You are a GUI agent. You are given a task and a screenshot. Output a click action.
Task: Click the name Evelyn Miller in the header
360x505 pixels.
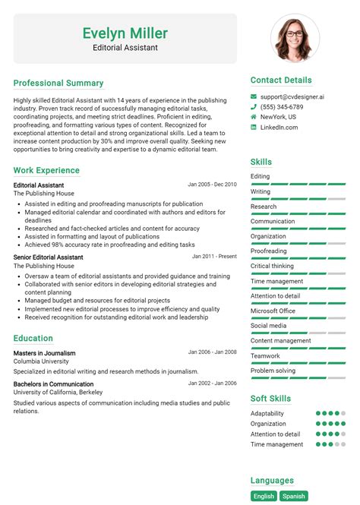point(125,33)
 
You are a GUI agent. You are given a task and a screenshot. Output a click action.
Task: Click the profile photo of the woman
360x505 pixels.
point(295,38)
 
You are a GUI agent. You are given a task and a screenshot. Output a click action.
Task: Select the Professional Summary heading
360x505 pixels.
point(58,83)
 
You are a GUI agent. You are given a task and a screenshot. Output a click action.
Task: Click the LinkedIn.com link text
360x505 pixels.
point(279,128)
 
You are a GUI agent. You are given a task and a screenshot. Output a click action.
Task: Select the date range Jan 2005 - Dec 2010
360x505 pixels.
point(212,184)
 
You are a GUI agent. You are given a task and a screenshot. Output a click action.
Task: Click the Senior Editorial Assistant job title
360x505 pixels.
point(49,257)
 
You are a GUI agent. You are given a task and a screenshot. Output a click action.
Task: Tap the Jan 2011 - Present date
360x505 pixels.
point(214,257)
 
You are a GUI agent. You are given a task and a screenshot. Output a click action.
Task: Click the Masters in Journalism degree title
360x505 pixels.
point(44,353)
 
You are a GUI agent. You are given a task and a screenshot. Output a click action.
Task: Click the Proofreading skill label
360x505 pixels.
point(269,251)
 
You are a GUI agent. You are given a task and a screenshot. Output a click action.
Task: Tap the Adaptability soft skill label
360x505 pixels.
point(267,414)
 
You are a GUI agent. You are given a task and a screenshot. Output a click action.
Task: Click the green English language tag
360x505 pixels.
point(264,496)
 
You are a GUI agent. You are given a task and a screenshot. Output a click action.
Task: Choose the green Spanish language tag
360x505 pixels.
point(294,496)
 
